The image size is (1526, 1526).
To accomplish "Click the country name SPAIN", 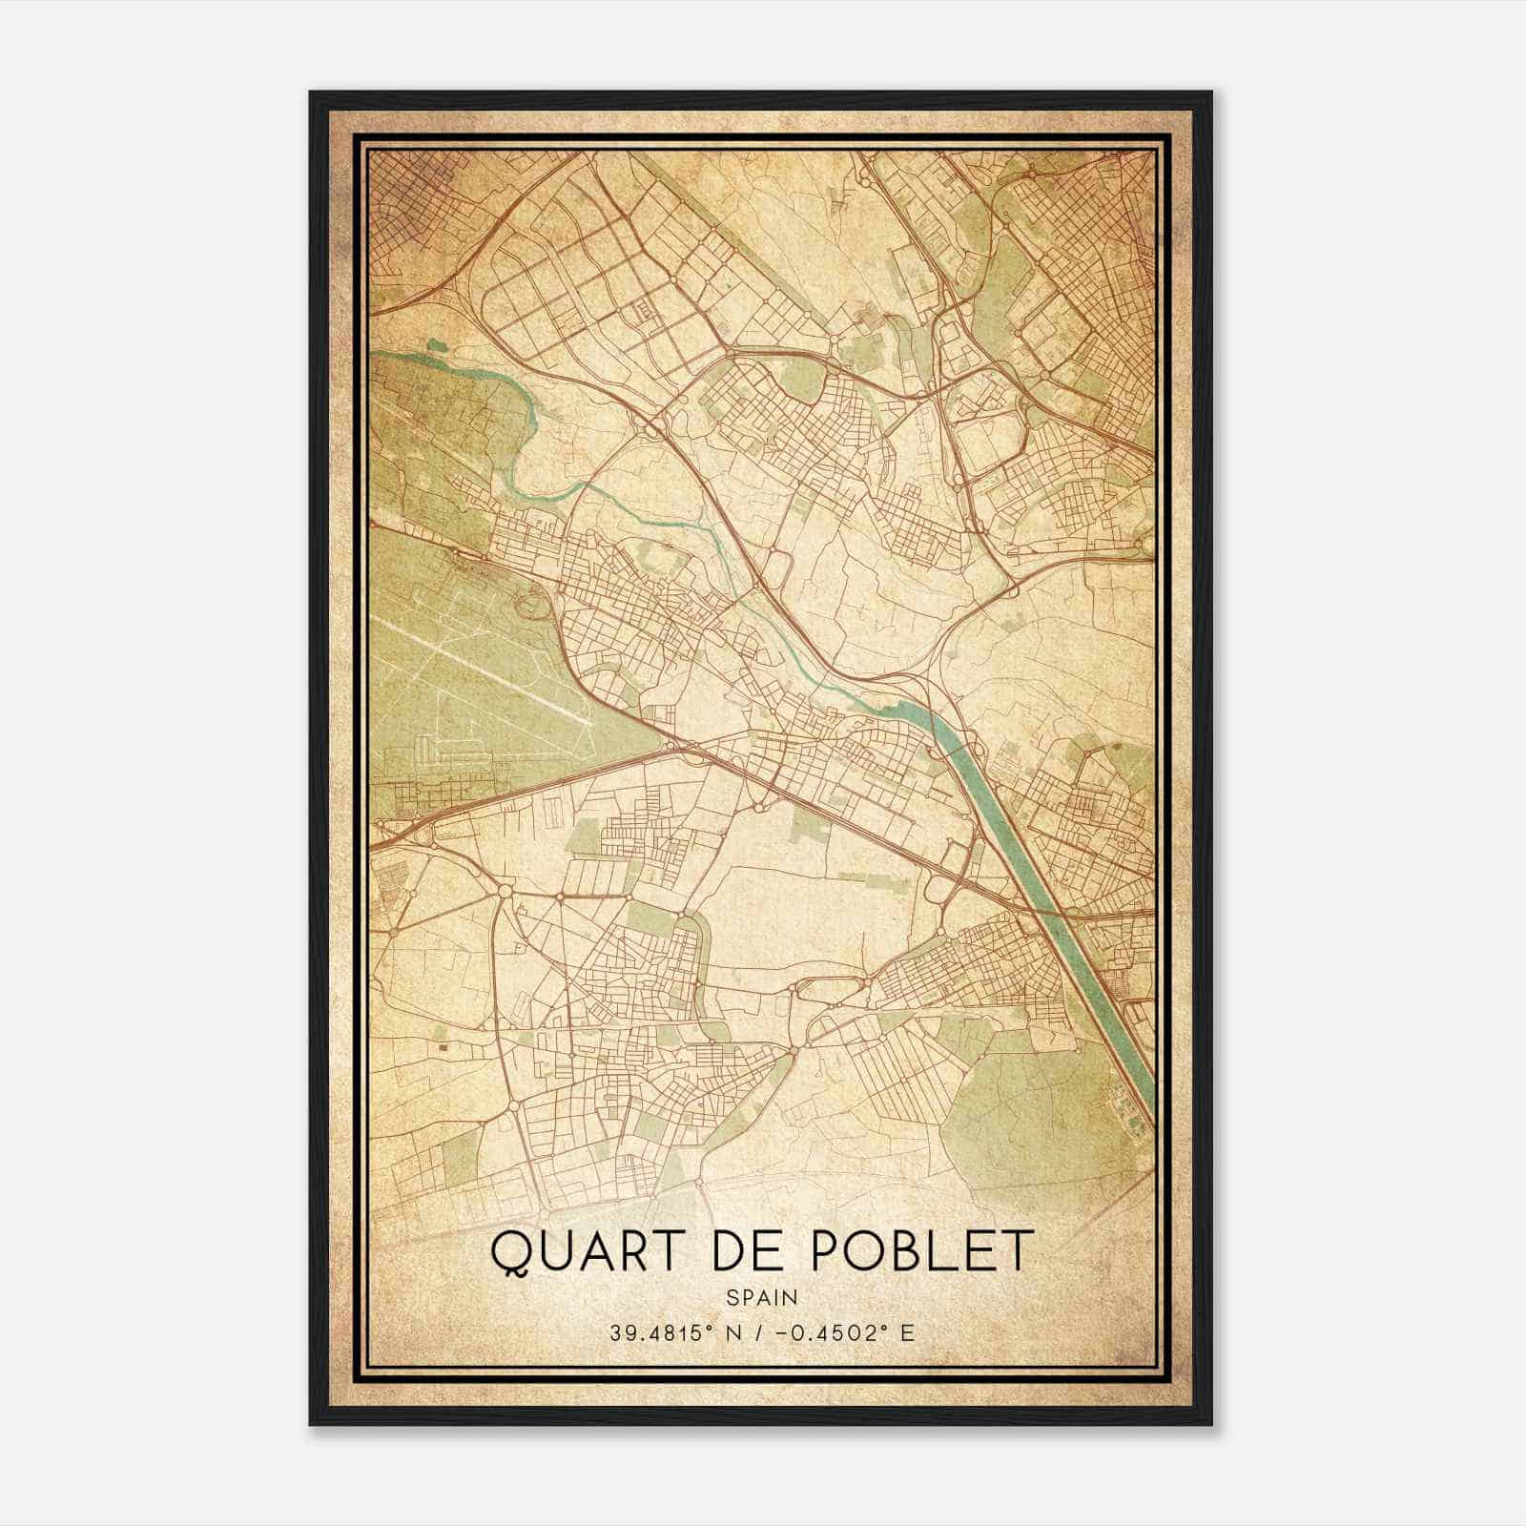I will (x=762, y=1297).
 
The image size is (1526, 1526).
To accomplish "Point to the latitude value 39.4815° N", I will (x=673, y=1332).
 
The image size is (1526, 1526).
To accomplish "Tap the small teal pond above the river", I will (x=436, y=345).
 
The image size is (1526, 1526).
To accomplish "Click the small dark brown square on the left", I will (x=443, y=1047).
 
